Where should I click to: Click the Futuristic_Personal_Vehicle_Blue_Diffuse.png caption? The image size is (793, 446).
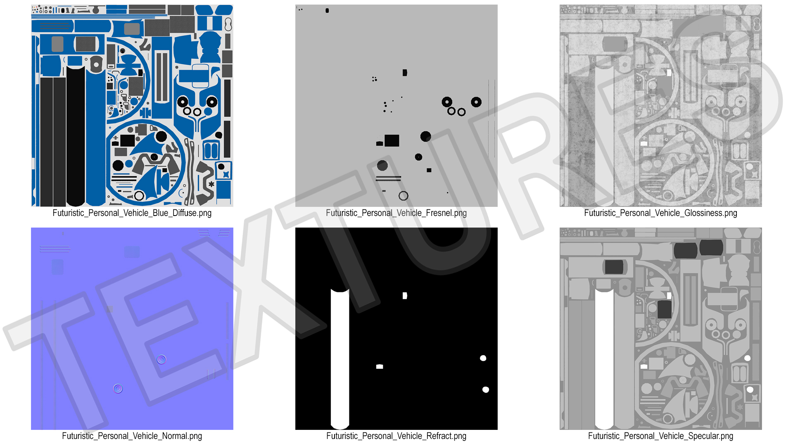point(132,213)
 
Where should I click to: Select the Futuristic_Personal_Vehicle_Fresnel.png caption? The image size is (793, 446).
point(396,213)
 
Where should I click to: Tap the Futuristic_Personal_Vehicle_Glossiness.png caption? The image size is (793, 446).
point(660,213)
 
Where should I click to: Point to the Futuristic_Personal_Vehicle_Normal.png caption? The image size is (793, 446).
point(132,436)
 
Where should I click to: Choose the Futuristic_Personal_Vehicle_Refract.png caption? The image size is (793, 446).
point(396,436)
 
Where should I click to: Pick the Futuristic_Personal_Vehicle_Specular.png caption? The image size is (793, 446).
point(660,436)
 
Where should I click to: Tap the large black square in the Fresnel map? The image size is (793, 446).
point(392,140)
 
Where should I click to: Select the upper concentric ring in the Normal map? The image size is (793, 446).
point(161,359)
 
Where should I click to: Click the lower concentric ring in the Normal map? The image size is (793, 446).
point(118,389)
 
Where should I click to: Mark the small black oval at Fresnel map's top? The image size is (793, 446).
point(327,10)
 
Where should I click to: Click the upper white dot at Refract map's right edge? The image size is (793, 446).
point(483,358)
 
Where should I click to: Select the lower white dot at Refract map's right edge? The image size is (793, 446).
point(486,389)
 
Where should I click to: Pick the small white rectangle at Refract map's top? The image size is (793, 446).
point(405,296)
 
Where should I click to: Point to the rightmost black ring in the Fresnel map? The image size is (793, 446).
point(476,102)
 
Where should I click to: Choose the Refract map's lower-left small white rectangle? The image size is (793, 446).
point(380,367)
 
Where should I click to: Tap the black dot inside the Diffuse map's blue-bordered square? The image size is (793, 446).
point(221,167)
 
